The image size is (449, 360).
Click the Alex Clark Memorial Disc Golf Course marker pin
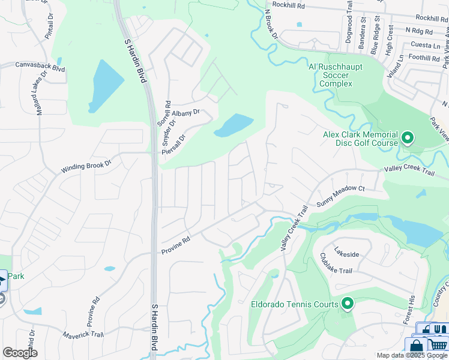click(x=407, y=139)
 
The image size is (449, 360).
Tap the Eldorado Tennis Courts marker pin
click(x=347, y=304)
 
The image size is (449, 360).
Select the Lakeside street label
click(x=346, y=254)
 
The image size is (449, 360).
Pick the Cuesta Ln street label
click(x=425, y=45)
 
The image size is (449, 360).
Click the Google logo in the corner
click(x=20, y=353)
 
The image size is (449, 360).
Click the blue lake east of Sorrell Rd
click(x=233, y=125)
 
